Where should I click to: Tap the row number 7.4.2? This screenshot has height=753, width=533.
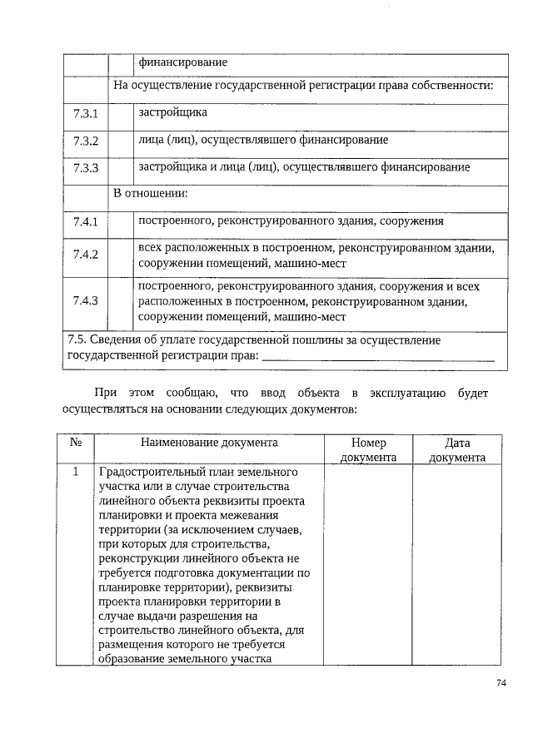coord(86,255)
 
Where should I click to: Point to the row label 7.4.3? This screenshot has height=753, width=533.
coord(86,300)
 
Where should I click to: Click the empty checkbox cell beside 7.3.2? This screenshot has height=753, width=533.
coord(122,141)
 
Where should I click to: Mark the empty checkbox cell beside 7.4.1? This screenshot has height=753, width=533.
coord(122,223)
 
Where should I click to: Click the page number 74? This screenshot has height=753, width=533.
coord(501,683)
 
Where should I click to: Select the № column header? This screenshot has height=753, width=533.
coord(75,444)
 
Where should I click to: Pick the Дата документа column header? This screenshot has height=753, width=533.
coord(458,450)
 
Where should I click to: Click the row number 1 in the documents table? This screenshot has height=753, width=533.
coord(75,473)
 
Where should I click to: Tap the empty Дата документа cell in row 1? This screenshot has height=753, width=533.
coord(458,566)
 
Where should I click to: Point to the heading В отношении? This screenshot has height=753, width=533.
coord(151,194)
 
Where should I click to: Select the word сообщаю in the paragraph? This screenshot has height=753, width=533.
coord(192,393)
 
